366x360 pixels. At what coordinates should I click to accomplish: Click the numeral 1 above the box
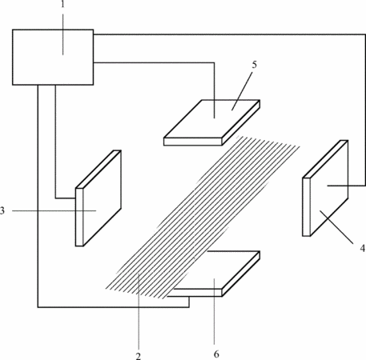coord(62,4)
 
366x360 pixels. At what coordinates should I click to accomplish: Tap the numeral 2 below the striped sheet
coord(138,356)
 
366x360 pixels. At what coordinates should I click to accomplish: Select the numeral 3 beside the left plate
coord(2,210)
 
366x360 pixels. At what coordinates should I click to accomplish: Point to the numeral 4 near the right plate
coord(362,248)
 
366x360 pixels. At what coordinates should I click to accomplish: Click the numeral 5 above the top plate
coord(254,65)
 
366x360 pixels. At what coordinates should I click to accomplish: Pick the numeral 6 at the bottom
coord(216,354)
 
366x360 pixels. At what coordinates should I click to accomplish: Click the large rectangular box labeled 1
coord(53,57)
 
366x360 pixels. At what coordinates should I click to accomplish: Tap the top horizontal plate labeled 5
coord(211,122)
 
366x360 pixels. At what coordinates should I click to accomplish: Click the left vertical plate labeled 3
coord(99,198)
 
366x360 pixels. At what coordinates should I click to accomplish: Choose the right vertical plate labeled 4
coord(325,188)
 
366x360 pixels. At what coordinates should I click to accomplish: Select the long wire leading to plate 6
coord(38,240)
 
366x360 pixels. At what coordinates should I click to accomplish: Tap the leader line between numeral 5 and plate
coord(242,90)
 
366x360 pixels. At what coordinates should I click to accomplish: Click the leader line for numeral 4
coord(336,226)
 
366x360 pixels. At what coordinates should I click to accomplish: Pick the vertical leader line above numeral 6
coord(214,311)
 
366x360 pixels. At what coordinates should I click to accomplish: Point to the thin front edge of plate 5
coord(193,142)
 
